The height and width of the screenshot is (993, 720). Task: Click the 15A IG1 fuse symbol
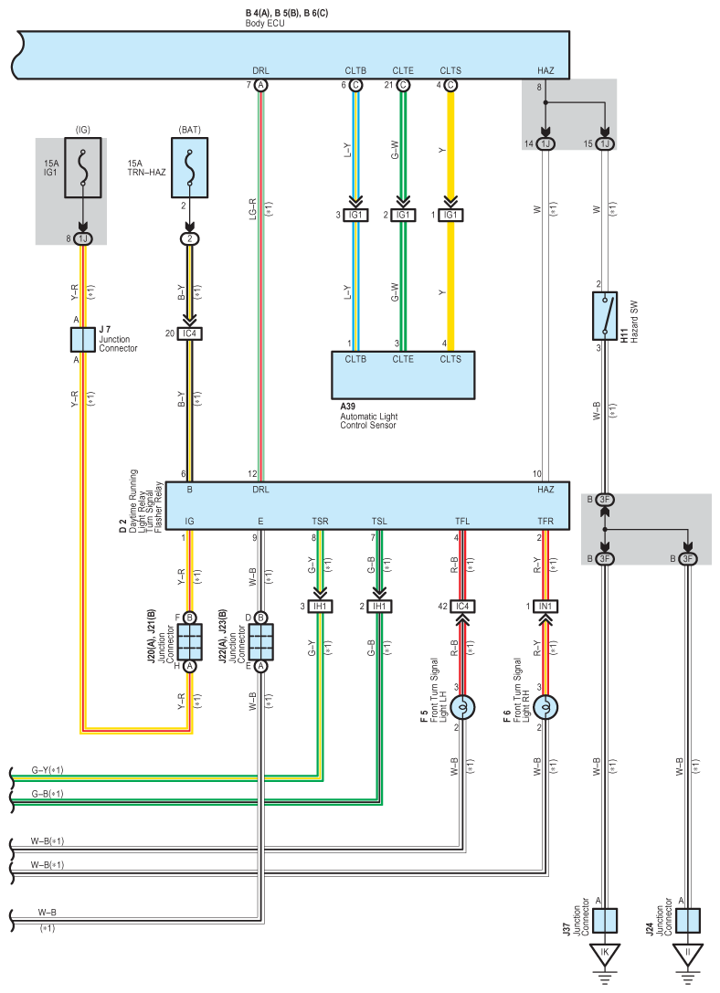pyautogui.click(x=82, y=168)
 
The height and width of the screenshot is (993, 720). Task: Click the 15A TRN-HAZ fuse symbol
pyautogui.click(x=189, y=168)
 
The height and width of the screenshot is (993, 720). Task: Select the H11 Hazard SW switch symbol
pyautogui.click(x=605, y=315)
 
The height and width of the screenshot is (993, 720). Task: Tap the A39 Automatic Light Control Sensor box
pyautogui.click(x=403, y=375)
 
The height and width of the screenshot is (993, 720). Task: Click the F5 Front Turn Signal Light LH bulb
pyautogui.click(x=462, y=707)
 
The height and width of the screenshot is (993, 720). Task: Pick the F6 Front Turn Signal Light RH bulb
pyautogui.click(x=545, y=707)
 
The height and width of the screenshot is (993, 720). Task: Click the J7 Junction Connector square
pyautogui.click(x=82, y=340)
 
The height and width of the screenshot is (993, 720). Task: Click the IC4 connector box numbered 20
pyautogui.click(x=189, y=333)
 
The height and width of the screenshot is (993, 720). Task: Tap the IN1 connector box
pyautogui.click(x=545, y=606)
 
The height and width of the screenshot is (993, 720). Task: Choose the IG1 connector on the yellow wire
pyautogui.click(x=450, y=215)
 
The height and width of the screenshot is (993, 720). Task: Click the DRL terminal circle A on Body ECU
pyautogui.click(x=260, y=86)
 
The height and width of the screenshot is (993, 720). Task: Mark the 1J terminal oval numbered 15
pyautogui.click(x=605, y=143)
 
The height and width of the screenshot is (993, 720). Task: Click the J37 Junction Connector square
pyautogui.click(x=605, y=920)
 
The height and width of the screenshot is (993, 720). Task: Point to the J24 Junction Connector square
pyautogui.click(x=688, y=920)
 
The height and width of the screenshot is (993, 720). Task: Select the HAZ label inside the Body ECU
pyautogui.click(x=545, y=70)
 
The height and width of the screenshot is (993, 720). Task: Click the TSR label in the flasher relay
pyautogui.click(x=320, y=522)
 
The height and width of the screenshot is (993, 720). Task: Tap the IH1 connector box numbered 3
pyautogui.click(x=320, y=606)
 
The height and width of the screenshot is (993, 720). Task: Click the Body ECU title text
pyautogui.click(x=265, y=24)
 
